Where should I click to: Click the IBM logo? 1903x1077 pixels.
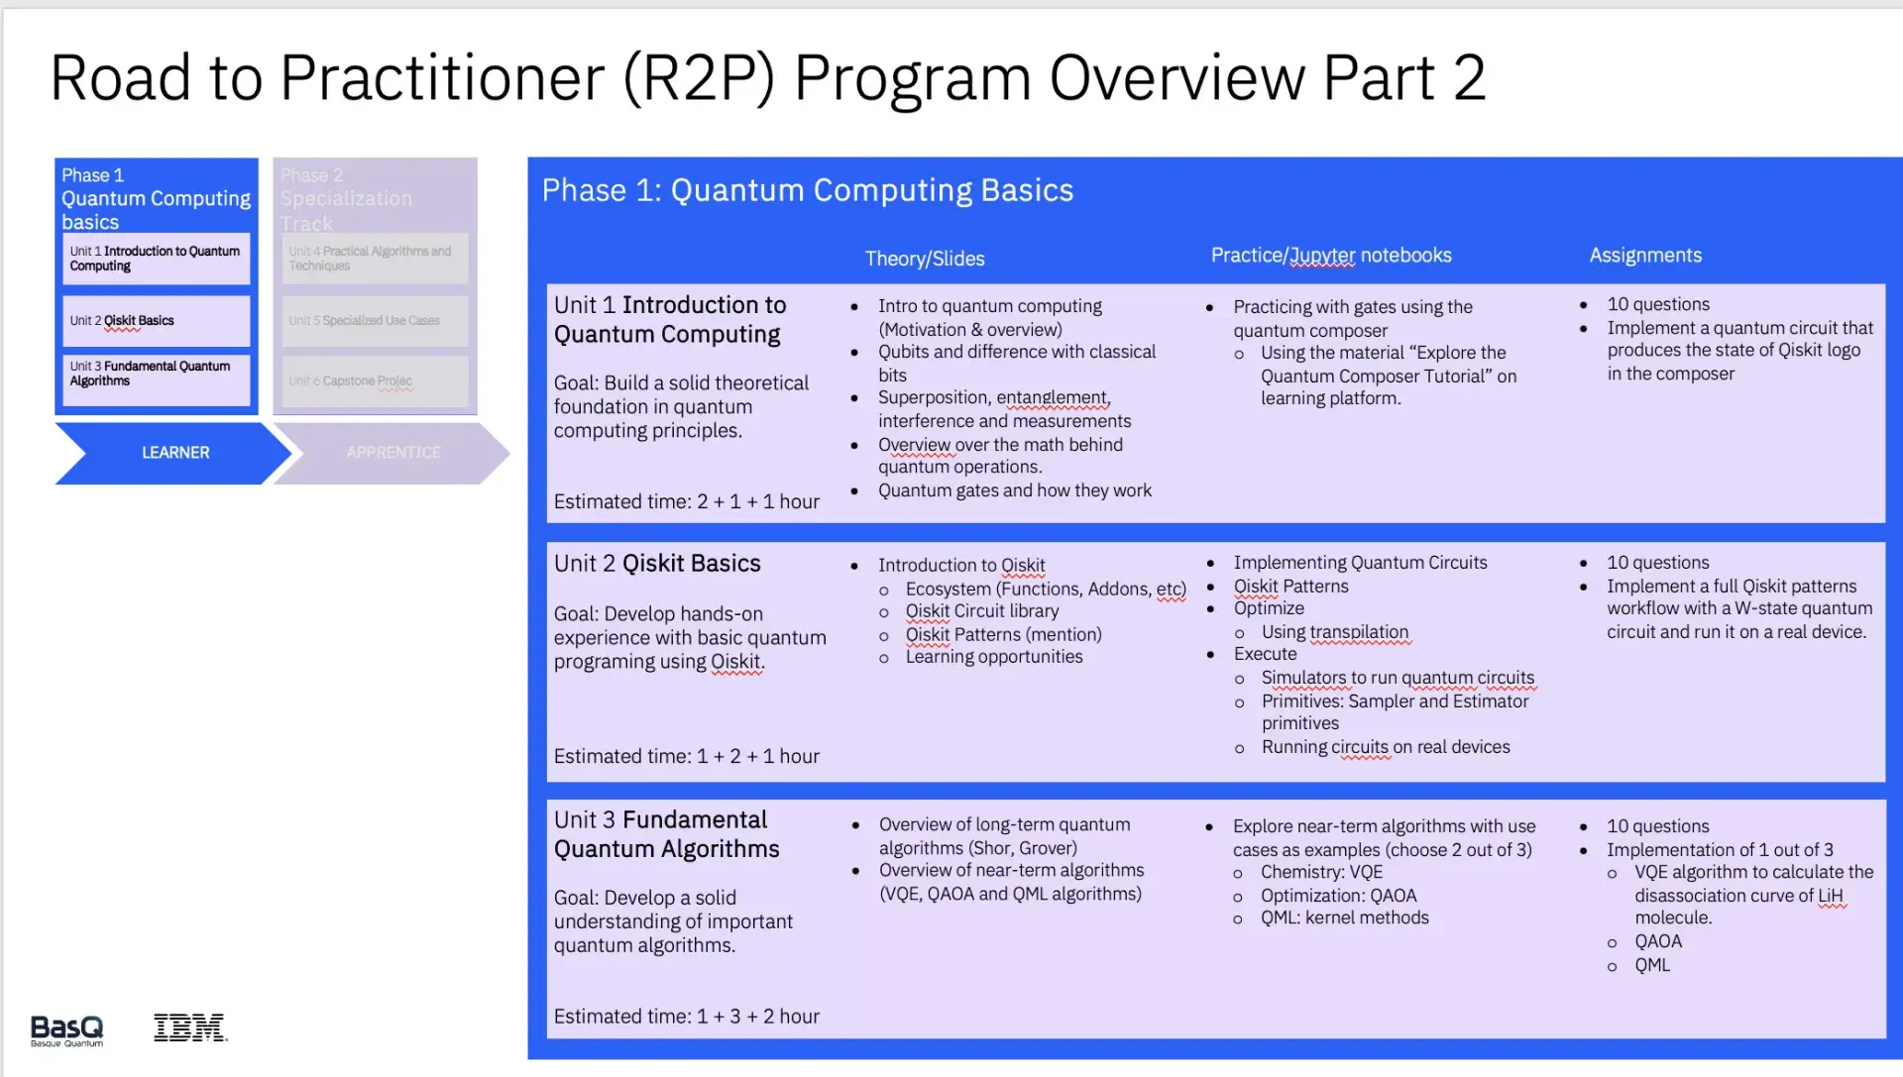click(190, 1027)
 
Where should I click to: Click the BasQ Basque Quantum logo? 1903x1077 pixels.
click(66, 1030)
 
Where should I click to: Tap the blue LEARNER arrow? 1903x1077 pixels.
click(174, 453)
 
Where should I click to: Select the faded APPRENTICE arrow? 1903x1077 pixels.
click(392, 453)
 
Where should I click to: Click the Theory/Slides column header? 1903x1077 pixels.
click(924, 259)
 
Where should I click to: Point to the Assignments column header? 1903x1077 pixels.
click(1644, 256)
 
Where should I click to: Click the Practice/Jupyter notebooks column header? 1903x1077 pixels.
click(1330, 256)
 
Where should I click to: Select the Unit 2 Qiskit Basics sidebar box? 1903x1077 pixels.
click(156, 321)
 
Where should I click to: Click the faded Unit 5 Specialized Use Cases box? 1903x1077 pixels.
click(374, 321)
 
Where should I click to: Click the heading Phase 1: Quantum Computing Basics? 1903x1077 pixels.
click(807, 190)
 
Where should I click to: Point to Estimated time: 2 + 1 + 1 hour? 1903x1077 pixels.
click(686, 502)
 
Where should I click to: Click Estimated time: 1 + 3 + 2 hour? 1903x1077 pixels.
click(686, 1017)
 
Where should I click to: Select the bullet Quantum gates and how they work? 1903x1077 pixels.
click(1014, 490)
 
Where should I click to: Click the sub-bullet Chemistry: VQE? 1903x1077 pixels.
click(1321, 873)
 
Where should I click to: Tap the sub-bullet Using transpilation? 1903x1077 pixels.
click(1334, 632)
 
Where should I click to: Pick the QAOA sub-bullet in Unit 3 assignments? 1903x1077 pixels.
click(1657, 942)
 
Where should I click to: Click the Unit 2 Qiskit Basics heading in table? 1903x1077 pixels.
click(657, 564)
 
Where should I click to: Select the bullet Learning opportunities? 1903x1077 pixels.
click(993, 657)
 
